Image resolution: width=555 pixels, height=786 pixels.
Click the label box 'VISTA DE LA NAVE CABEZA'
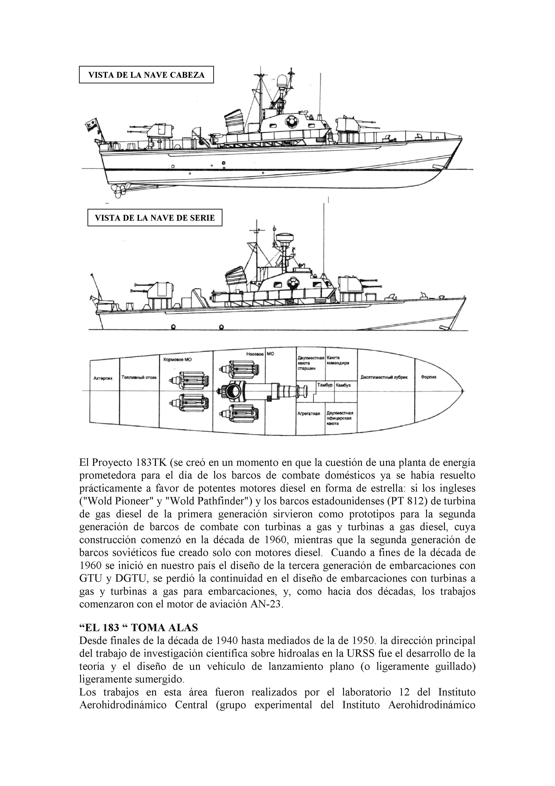(x=146, y=75)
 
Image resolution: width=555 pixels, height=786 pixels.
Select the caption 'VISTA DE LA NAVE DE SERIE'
(x=155, y=218)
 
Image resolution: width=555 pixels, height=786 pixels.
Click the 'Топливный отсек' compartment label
(x=139, y=378)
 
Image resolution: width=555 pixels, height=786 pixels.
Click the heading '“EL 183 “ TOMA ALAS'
(x=139, y=628)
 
